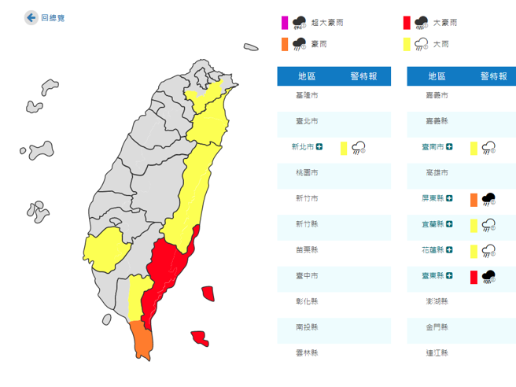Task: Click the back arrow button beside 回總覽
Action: point(31,17)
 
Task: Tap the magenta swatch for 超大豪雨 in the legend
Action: point(286,22)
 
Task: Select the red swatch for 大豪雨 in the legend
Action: point(407,22)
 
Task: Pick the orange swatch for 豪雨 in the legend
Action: point(286,44)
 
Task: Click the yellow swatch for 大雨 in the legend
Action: point(407,44)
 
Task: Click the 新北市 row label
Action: point(302,147)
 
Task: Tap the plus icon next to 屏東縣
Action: point(448,199)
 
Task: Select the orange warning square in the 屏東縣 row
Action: point(474,199)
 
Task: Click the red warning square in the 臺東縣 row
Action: point(474,276)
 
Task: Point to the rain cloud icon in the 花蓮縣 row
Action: point(488,251)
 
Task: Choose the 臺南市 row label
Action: point(433,147)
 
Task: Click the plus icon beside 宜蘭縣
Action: point(448,224)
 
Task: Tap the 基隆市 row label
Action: point(307,95)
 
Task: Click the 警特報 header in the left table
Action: point(363,76)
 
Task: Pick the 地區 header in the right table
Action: point(437,76)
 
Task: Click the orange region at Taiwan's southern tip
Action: point(143,339)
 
